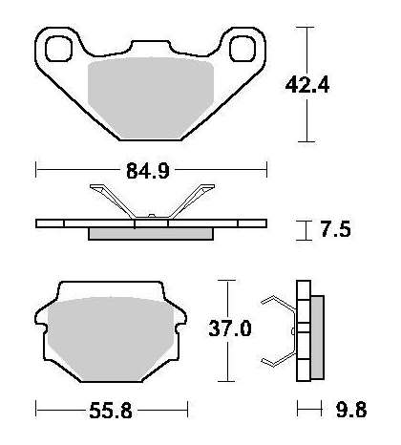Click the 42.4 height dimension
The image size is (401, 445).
coord(307,85)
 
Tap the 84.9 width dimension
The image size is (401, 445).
coord(148,171)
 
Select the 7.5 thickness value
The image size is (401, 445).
coord(335,229)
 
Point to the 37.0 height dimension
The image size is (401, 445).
coord(230,328)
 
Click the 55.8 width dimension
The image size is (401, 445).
coord(111,411)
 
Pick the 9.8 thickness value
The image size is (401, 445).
coord(351,410)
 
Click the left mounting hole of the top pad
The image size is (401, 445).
coord(58,49)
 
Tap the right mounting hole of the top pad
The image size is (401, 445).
coord(243,49)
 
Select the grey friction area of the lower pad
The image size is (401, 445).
coord(111,339)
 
